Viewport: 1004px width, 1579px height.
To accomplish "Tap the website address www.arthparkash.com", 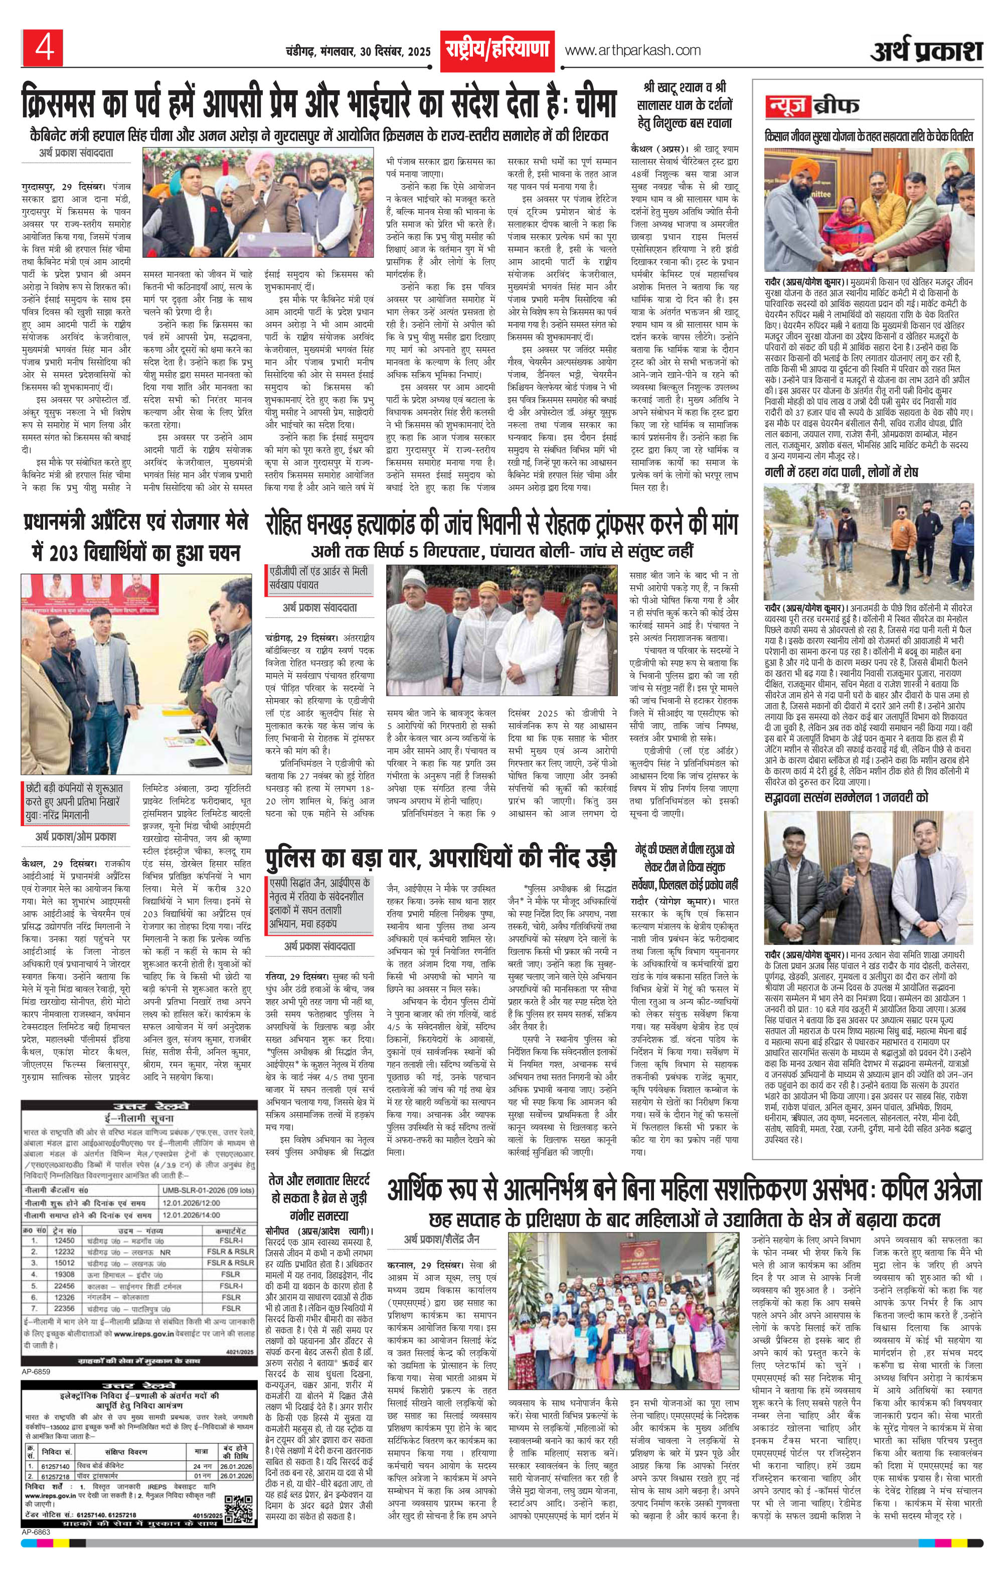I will pos(632,50).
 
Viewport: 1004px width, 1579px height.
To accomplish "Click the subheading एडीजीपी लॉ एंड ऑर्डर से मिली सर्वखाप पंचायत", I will pos(319,577).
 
